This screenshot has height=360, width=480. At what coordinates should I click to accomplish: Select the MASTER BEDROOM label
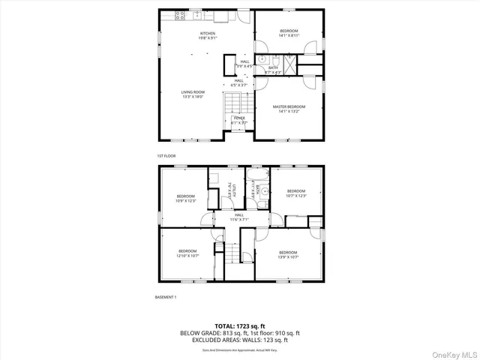[x=289, y=107]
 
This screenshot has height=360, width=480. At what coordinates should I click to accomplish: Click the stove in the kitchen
[x=180, y=15]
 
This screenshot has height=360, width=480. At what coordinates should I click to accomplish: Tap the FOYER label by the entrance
[x=239, y=118]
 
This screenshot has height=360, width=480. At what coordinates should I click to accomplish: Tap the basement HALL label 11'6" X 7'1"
[x=227, y=217]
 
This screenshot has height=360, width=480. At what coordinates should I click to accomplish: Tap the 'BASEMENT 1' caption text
[x=165, y=298]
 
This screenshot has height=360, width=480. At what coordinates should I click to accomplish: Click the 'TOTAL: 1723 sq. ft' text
[x=239, y=325]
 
